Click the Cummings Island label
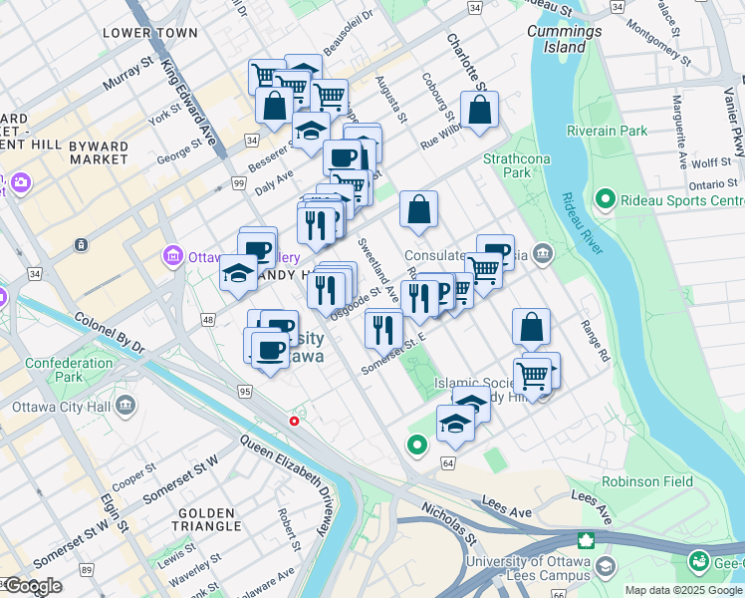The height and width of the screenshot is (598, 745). [x=565, y=39]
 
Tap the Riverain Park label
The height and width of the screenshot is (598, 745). [x=607, y=131]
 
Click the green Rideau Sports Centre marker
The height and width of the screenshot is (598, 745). [x=604, y=200]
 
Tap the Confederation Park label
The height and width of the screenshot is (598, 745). [x=69, y=370]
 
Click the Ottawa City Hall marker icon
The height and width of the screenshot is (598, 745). [x=125, y=406]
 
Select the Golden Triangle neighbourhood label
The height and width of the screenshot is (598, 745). [x=207, y=517]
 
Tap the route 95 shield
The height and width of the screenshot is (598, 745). [x=245, y=392]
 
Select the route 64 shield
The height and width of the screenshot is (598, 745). [x=448, y=463]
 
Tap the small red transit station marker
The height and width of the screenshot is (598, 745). [x=294, y=421]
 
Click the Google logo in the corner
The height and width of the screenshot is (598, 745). [x=32, y=586]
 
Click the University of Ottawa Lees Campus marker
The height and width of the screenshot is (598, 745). [x=588, y=542]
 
